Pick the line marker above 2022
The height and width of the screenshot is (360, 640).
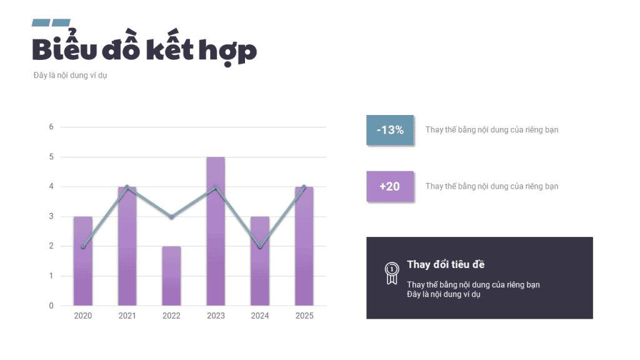171,217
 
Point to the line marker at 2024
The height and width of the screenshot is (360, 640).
260,247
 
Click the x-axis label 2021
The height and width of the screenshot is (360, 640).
127,316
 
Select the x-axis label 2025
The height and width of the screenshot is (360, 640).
304,316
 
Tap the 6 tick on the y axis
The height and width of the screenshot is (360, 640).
51,127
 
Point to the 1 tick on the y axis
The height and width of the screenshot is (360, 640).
51,276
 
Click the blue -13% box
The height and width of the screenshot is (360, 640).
390,130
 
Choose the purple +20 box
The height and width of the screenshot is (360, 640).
390,186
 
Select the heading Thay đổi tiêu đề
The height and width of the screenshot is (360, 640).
446,264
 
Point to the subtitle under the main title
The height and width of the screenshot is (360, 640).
71,76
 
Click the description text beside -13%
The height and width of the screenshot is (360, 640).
492,130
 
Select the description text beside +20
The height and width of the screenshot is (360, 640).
492,186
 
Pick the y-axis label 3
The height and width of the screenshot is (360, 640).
51,217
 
